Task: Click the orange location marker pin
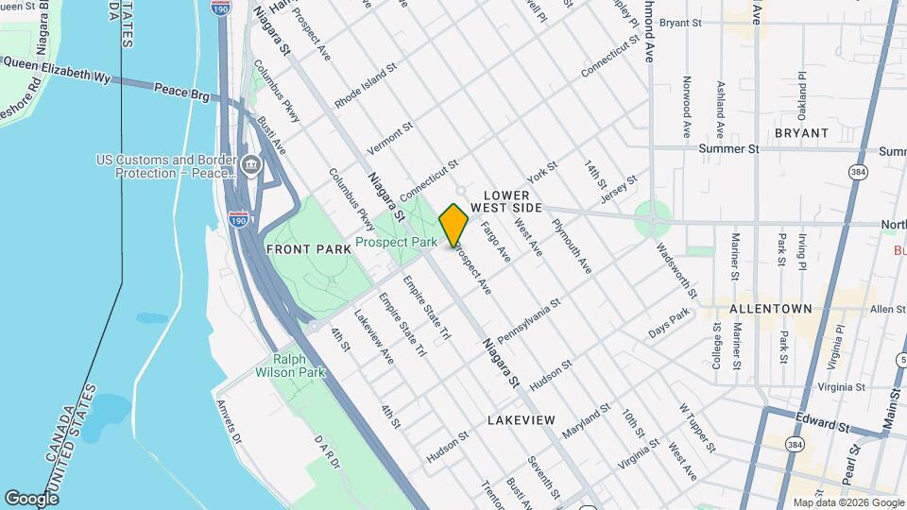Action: [453, 225]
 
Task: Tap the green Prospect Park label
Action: [395, 243]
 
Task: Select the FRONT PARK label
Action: [301, 249]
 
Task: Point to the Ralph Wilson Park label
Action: [299, 365]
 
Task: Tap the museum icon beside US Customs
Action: [250, 166]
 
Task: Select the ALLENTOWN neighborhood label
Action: [770, 309]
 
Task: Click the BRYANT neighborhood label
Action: [800, 133]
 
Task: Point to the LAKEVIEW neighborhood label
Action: [522, 418]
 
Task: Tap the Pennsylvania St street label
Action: [529, 321]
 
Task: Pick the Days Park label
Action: [670, 327]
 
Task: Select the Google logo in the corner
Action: [32, 499]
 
